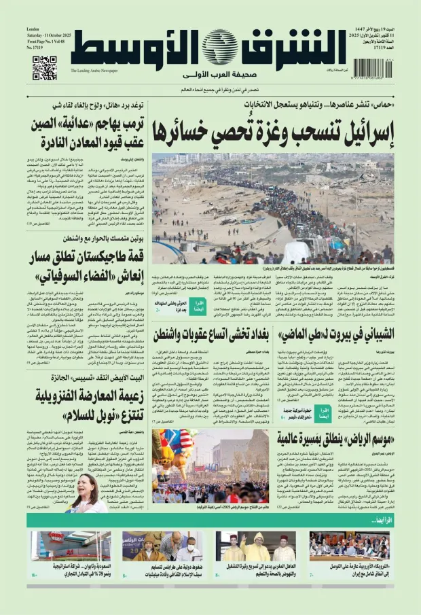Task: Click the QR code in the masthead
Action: [x=45, y=68]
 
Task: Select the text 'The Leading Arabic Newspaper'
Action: [x=94, y=70]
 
